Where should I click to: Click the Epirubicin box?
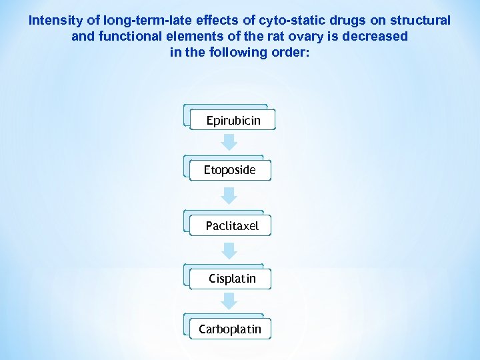click(x=233, y=121)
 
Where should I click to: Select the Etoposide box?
click(x=230, y=170)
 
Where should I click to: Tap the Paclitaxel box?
click(x=232, y=226)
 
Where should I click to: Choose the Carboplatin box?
click(x=230, y=329)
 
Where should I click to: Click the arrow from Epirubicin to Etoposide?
click(x=229, y=142)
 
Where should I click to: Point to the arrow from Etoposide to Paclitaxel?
click(x=229, y=195)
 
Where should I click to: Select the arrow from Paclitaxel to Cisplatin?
click(x=229, y=250)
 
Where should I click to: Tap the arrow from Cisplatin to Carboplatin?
click(x=229, y=301)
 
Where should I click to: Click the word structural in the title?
click(x=421, y=21)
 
